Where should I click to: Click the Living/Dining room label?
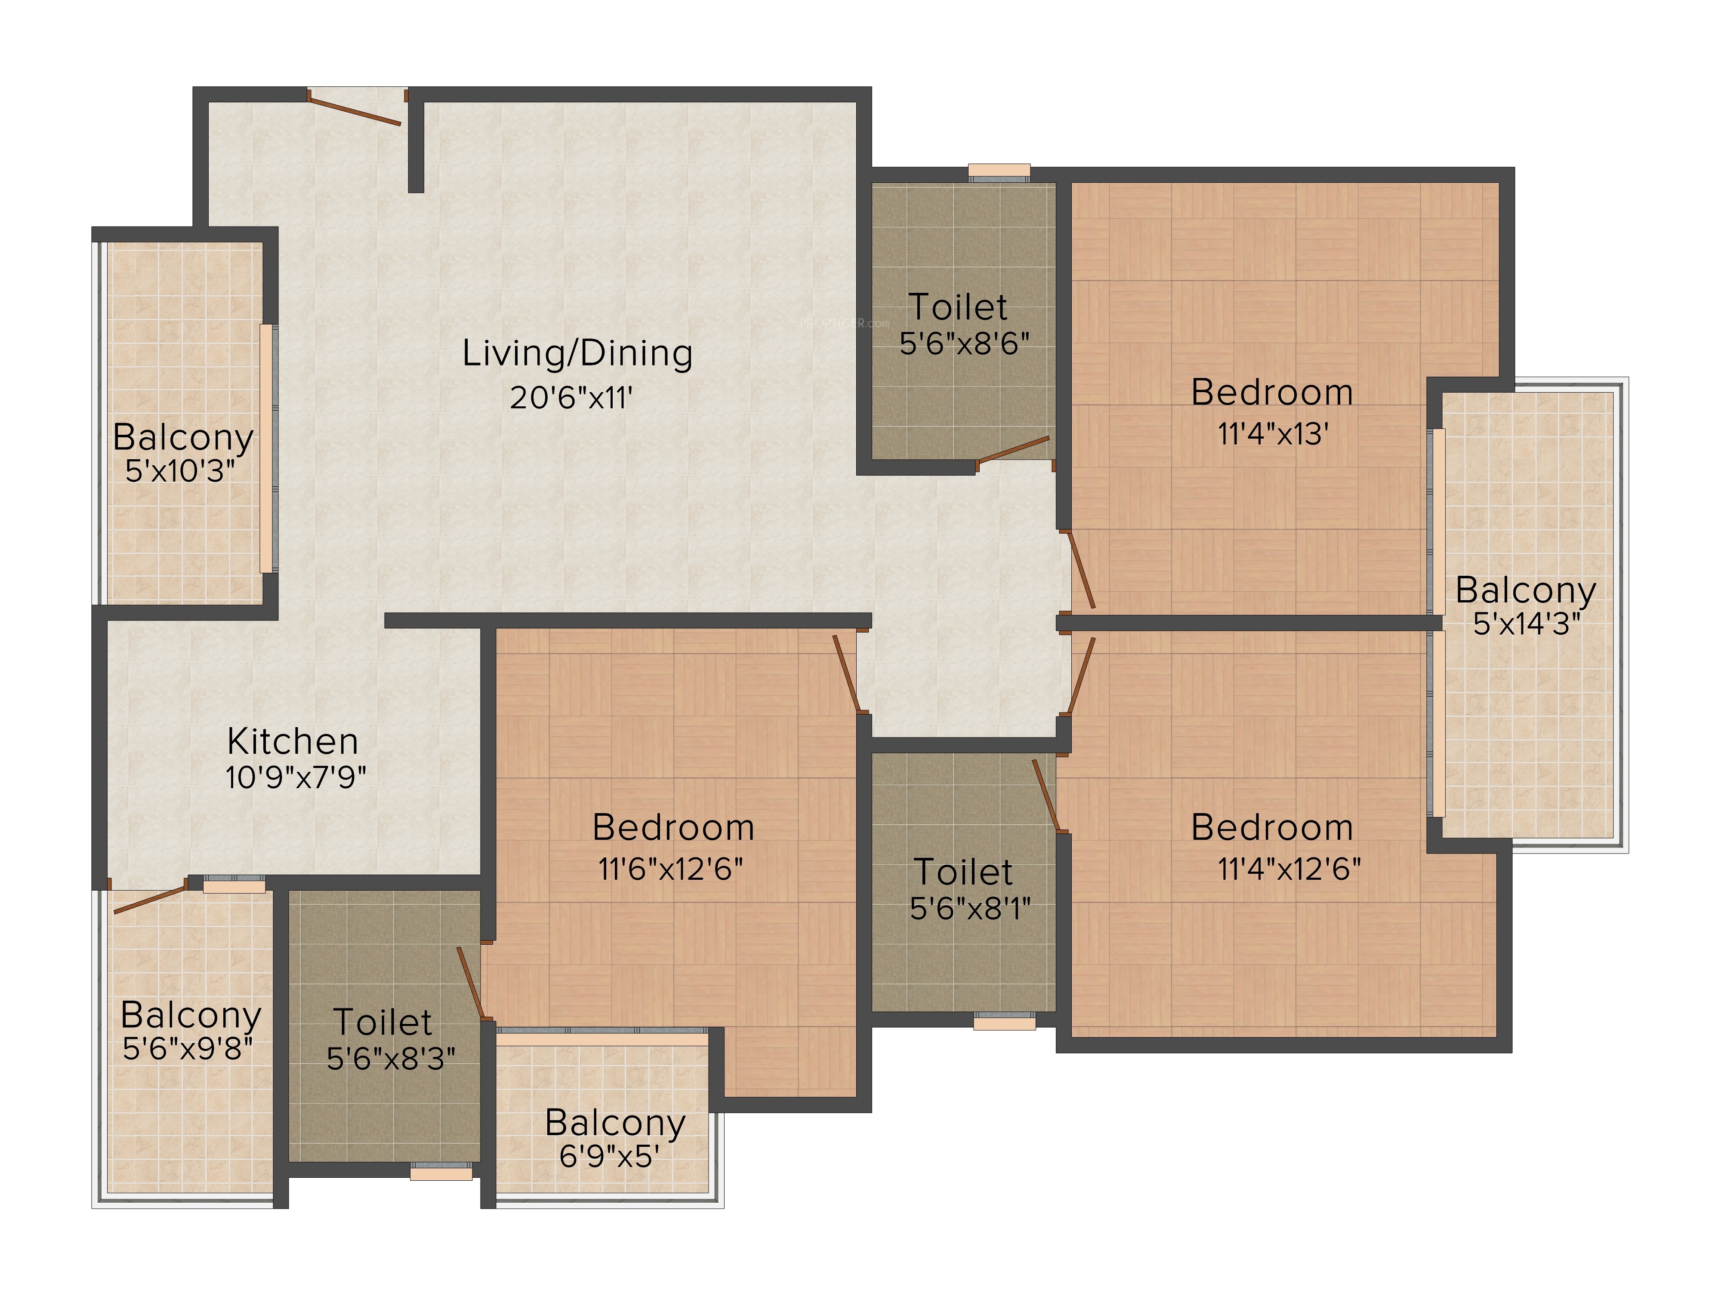(x=577, y=354)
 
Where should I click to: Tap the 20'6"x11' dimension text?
(x=571, y=398)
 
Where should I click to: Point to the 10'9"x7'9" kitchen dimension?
(x=296, y=777)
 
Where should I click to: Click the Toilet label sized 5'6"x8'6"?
(x=958, y=307)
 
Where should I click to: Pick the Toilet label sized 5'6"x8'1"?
(x=963, y=872)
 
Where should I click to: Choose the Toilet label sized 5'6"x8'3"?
(x=383, y=1022)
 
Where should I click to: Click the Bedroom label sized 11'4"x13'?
(x=1272, y=392)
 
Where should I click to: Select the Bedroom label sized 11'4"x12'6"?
(x=1272, y=827)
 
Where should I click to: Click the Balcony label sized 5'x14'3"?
(x=1526, y=590)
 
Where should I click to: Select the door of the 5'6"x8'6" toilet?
(x=1013, y=451)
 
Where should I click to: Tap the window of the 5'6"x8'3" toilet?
(x=441, y=1171)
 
